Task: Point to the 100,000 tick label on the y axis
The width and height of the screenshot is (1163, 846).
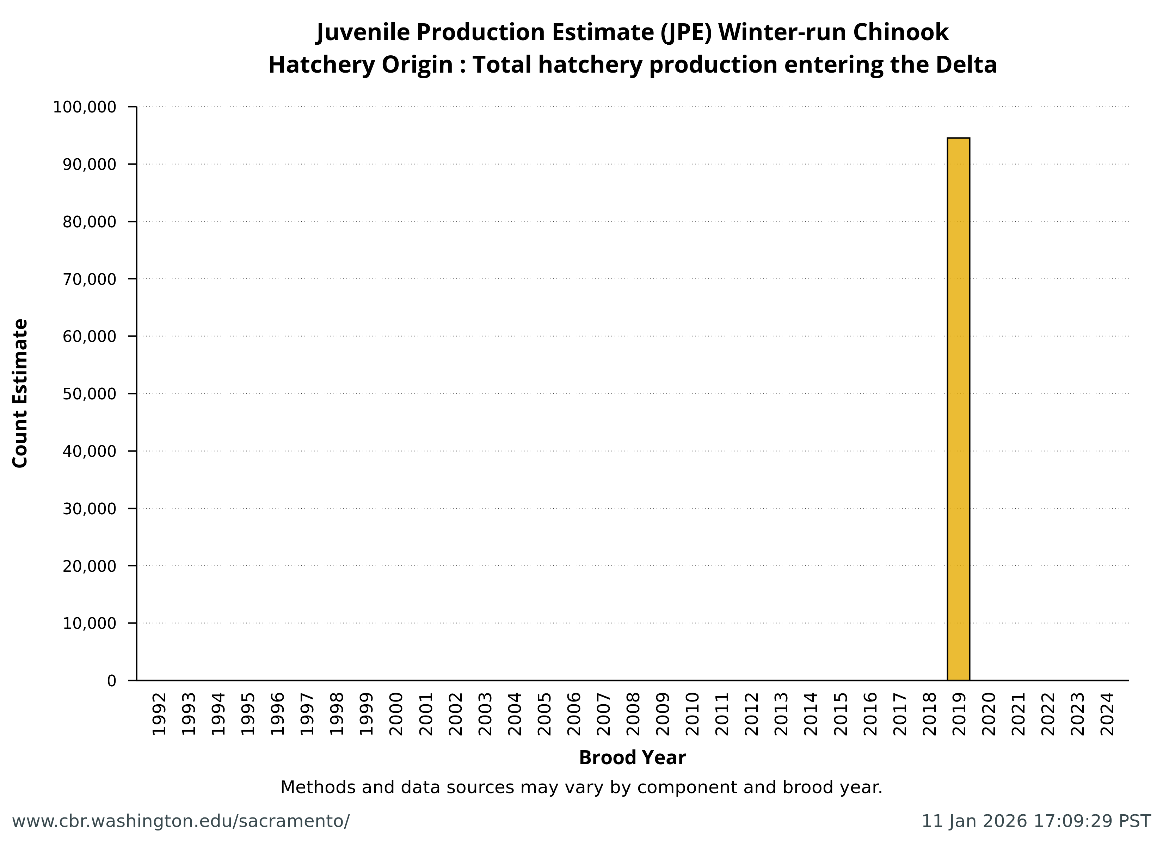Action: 85,107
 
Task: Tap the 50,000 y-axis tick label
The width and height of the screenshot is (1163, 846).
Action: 90,394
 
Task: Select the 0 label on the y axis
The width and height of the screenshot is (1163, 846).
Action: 111,681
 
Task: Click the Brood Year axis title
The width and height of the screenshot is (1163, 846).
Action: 632,758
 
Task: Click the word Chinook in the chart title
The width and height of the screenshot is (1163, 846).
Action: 900,32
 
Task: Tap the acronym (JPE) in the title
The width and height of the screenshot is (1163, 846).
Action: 685,32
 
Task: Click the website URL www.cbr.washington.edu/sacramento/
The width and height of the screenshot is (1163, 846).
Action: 180,821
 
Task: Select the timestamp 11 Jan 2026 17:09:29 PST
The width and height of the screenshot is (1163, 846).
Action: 1036,821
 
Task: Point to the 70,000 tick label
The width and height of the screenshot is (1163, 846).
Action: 90,279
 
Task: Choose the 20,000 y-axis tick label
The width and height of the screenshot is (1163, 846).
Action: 90,566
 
